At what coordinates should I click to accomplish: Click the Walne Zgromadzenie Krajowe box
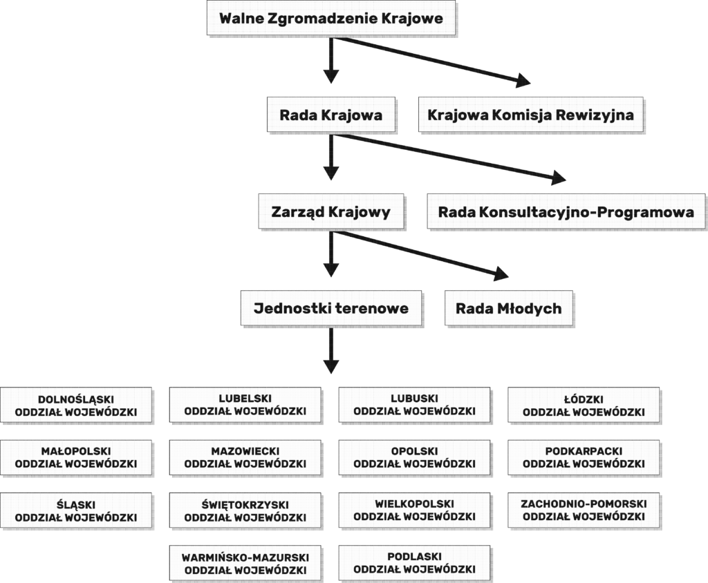click(x=331, y=18)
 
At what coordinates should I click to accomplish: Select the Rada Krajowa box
click(x=331, y=115)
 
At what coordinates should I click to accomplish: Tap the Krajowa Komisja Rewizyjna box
click(x=530, y=115)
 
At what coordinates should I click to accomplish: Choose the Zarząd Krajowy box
click(x=331, y=211)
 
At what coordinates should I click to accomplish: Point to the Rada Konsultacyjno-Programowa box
click(x=566, y=211)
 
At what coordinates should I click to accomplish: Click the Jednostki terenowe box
click(x=331, y=308)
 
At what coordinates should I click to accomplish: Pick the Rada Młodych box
click(x=509, y=308)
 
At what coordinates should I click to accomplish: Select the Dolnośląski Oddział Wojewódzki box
click(x=76, y=405)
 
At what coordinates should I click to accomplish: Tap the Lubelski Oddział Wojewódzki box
click(x=245, y=405)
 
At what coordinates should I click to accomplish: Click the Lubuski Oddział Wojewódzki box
click(x=415, y=405)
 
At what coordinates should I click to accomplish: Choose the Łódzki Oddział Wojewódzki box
click(x=584, y=405)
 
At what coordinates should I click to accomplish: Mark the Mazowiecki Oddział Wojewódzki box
click(x=245, y=457)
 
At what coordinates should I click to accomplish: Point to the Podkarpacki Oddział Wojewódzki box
click(x=584, y=457)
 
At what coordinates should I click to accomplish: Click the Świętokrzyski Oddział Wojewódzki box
click(x=245, y=510)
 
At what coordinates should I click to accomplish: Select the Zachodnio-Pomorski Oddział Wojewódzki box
click(x=584, y=510)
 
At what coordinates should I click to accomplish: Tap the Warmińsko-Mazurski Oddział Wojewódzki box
click(x=245, y=563)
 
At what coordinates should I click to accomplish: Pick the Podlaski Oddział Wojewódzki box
click(x=415, y=563)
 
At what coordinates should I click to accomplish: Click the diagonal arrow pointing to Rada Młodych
click(x=420, y=255)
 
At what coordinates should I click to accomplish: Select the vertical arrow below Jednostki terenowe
click(x=331, y=351)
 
